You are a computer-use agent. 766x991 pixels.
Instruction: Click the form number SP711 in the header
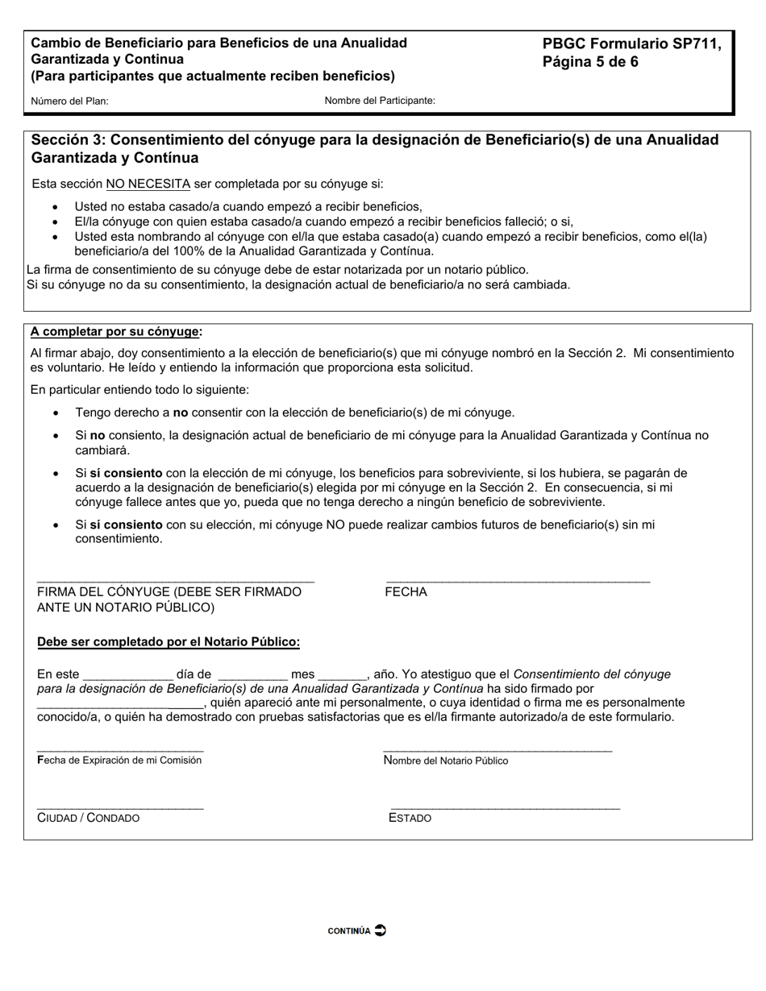[x=697, y=44]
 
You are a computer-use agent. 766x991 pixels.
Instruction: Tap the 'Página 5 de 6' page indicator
[x=590, y=62]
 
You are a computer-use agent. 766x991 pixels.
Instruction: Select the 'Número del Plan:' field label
[x=70, y=102]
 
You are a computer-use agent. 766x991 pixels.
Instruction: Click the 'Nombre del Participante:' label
[x=380, y=101]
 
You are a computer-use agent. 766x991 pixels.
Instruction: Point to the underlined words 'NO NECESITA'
[x=148, y=184]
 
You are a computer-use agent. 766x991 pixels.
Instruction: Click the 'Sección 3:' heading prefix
[x=66, y=140]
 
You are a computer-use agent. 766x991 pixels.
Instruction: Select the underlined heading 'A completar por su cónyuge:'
[x=116, y=332]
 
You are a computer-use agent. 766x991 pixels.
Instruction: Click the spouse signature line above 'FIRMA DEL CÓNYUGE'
[x=176, y=580]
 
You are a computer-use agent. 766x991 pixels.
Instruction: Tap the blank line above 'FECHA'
[x=518, y=580]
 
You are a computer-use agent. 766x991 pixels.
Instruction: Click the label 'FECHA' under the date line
[x=406, y=592]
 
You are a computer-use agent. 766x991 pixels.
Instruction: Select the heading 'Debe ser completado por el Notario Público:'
[x=169, y=642]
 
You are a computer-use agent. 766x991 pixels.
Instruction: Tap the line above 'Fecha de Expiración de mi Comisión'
[x=120, y=750]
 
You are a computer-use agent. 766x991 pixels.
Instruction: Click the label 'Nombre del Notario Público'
[x=446, y=761]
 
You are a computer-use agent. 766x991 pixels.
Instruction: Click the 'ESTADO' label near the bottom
[x=410, y=819]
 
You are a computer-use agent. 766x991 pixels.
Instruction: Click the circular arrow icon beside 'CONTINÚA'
[x=381, y=930]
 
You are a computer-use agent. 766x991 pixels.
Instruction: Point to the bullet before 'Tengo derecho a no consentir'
[x=56, y=413]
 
